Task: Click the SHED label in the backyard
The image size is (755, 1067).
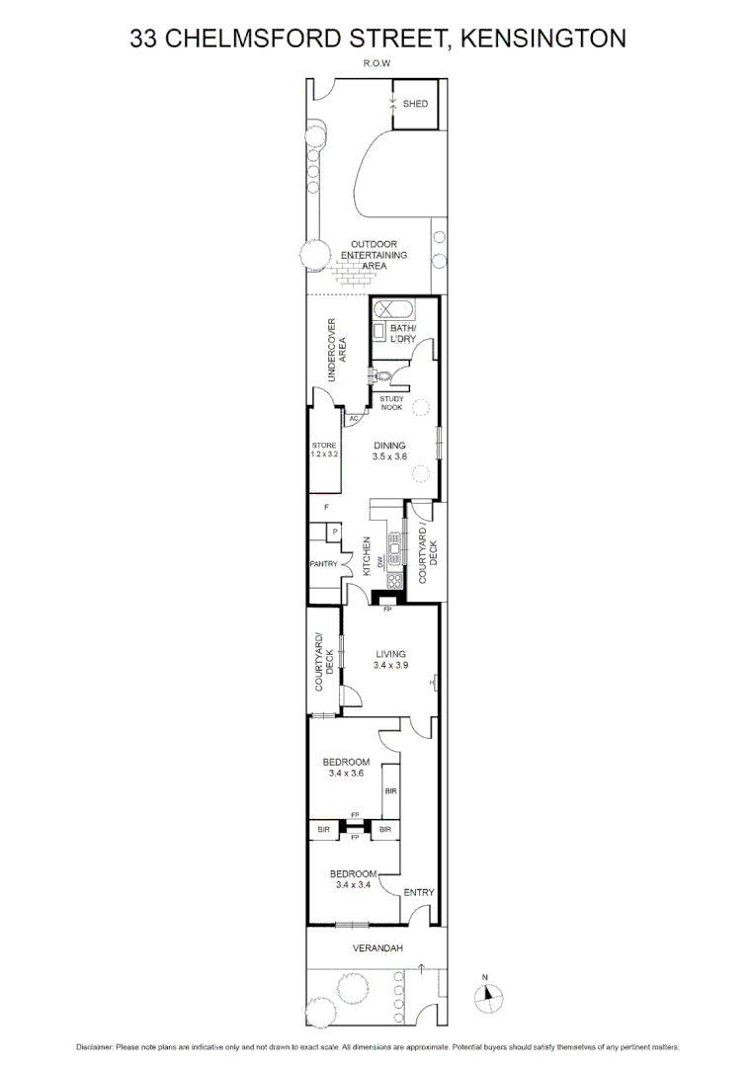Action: (x=416, y=103)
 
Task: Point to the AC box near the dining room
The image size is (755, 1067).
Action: (x=352, y=419)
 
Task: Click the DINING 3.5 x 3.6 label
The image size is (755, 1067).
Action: (x=389, y=451)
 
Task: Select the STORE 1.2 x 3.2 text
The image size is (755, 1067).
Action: (x=324, y=450)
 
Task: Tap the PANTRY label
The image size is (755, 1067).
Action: (x=323, y=564)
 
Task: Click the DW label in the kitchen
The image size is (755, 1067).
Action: (x=379, y=560)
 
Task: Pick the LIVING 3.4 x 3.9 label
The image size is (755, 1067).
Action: (x=389, y=659)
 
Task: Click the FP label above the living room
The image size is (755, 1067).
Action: (x=387, y=610)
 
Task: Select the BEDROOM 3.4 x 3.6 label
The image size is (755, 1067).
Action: (x=346, y=768)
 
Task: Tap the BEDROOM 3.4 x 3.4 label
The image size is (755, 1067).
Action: (x=353, y=879)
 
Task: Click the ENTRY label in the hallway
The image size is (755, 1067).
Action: (x=419, y=892)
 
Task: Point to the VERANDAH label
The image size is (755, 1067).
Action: (x=377, y=948)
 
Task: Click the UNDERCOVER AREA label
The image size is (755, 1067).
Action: (x=337, y=350)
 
